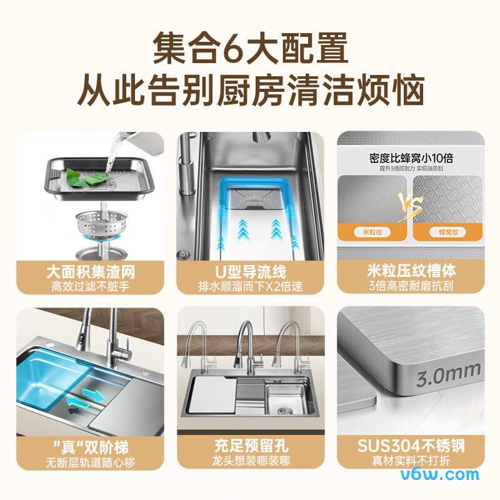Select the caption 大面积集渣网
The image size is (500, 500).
click(91, 272)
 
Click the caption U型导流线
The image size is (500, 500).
click(251, 272)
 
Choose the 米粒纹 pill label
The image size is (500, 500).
click(372, 232)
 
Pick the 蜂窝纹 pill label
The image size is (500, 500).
click(447, 232)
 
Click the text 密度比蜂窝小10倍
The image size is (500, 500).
click(411, 158)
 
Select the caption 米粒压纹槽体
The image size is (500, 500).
click(411, 271)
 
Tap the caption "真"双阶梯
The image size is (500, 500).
click(91, 447)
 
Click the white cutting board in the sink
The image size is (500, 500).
click(212, 396)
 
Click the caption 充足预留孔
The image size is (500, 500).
click(251, 446)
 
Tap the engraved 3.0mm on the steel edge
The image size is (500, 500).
click(448, 374)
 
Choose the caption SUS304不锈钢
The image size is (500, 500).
click(411, 446)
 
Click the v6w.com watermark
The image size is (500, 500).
click(440, 474)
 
